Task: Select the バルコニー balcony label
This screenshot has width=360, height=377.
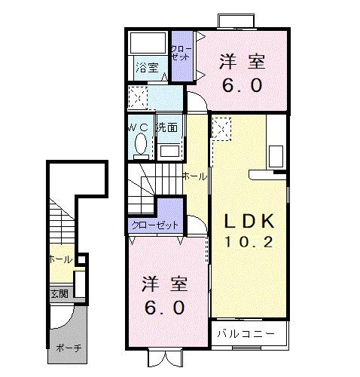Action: [x=242, y=333]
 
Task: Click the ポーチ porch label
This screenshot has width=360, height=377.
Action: [x=69, y=348]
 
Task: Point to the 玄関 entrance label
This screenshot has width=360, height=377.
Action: [x=59, y=293]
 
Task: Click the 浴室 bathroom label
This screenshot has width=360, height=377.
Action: [x=147, y=68]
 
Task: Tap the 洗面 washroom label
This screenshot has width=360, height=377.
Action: [x=167, y=127]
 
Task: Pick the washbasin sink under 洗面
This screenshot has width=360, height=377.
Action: [x=170, y=149]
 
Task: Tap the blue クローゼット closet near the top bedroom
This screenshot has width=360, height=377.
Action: [x=182, y=54]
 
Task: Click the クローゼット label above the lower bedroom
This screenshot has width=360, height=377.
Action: [x=155, y=225]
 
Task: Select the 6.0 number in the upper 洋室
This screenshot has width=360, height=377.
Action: [x=242, y=84]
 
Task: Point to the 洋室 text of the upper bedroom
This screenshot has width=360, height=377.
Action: [x=242, y=62]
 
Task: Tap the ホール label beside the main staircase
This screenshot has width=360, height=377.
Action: [x=195, y=176]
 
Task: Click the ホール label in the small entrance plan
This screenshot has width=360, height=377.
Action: [x=60, y=259]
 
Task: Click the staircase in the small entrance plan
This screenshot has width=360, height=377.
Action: [x=59, y=222]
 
